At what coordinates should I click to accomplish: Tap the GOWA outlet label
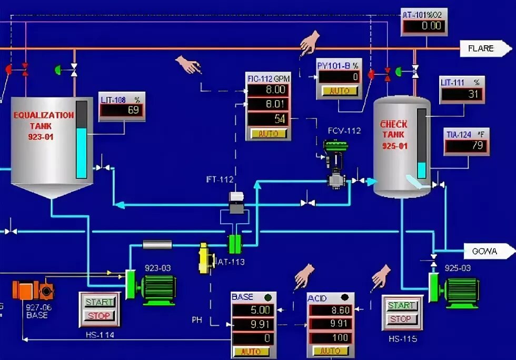click(x=484, y=251)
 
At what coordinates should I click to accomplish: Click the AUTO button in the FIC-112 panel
click(x=269, y=134)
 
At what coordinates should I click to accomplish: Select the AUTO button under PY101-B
click(x=339, y=91)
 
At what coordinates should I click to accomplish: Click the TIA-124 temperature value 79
click(x=466, y=146)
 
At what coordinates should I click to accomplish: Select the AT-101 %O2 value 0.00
click(x=424, y=25)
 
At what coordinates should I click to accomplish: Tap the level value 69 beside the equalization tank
click(x=122, y=111)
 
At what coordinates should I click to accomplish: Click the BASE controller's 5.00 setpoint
click(x=253, y=310)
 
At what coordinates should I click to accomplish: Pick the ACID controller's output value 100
click(x=331, y=337)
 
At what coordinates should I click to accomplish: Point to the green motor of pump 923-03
click(x=157, y=289)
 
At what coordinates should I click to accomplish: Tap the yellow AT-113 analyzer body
click(x=204, y=258)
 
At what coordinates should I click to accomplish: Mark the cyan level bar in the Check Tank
click(x=421, y=170)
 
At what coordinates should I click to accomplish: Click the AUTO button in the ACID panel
click(x=330, y=351)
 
